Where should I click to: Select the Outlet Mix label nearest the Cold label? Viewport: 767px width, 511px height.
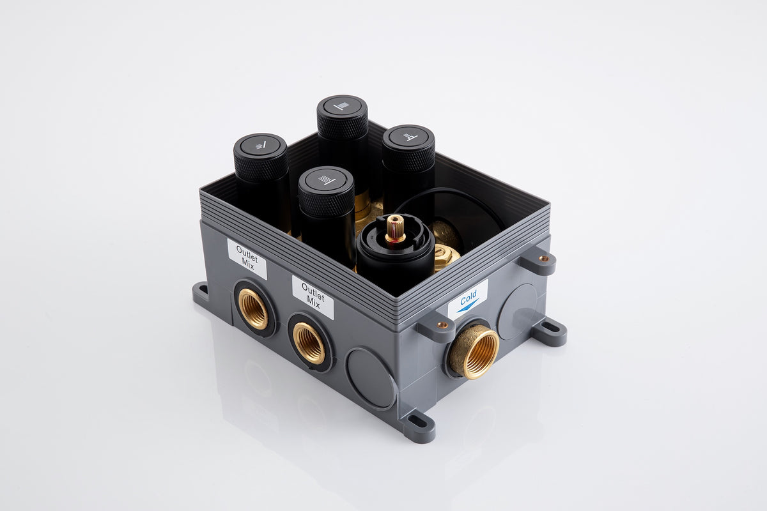[313, 297]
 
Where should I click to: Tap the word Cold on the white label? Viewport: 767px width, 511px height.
[468, 298]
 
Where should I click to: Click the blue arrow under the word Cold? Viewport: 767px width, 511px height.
[467, 307]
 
